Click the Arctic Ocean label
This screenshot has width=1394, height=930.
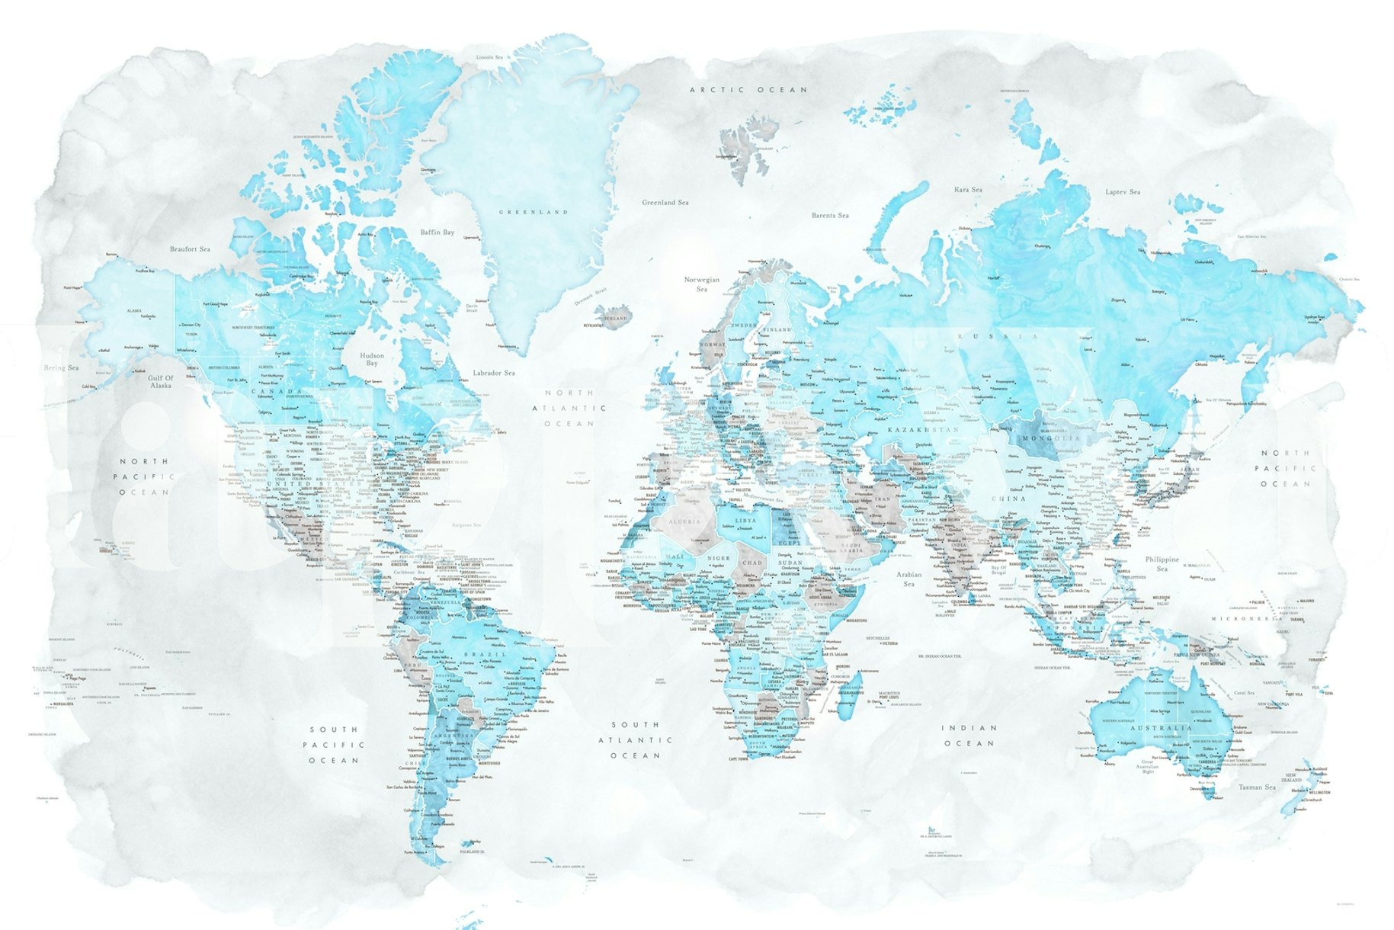coord(748,90)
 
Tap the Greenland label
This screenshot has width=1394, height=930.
coord(533,212)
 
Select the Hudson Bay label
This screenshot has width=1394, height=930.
coord(372,359)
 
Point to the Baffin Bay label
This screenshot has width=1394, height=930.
coord(437,232)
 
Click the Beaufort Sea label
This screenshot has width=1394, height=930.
coord(190,249)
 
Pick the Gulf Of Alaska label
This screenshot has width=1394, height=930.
coord(161,382)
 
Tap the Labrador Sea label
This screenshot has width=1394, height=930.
coord(493,373)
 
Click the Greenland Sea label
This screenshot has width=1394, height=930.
coord(665,203)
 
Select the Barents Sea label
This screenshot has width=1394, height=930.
coord(829,216)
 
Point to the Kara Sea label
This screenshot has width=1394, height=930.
coord(968,190)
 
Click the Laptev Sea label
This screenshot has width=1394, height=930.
coord(1123,192)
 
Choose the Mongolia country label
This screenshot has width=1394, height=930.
coord(1051,439)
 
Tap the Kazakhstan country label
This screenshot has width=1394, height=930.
coord(923,430)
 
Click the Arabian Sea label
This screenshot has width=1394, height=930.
coord(909,579)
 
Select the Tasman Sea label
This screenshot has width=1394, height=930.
coord(1257,787)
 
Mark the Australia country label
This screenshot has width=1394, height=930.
coord(1160,728)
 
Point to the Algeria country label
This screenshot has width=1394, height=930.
coord(684,521)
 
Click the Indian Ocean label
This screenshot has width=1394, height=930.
coord(969,736)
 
